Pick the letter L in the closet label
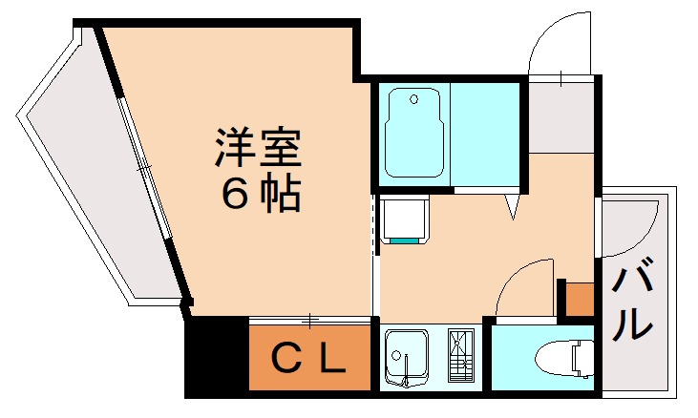(330, 359)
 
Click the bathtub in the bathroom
(413, 135)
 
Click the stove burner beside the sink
(460, 356)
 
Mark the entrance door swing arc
(559, 43)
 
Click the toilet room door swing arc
(522, 286)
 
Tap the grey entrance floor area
(561, 115)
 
